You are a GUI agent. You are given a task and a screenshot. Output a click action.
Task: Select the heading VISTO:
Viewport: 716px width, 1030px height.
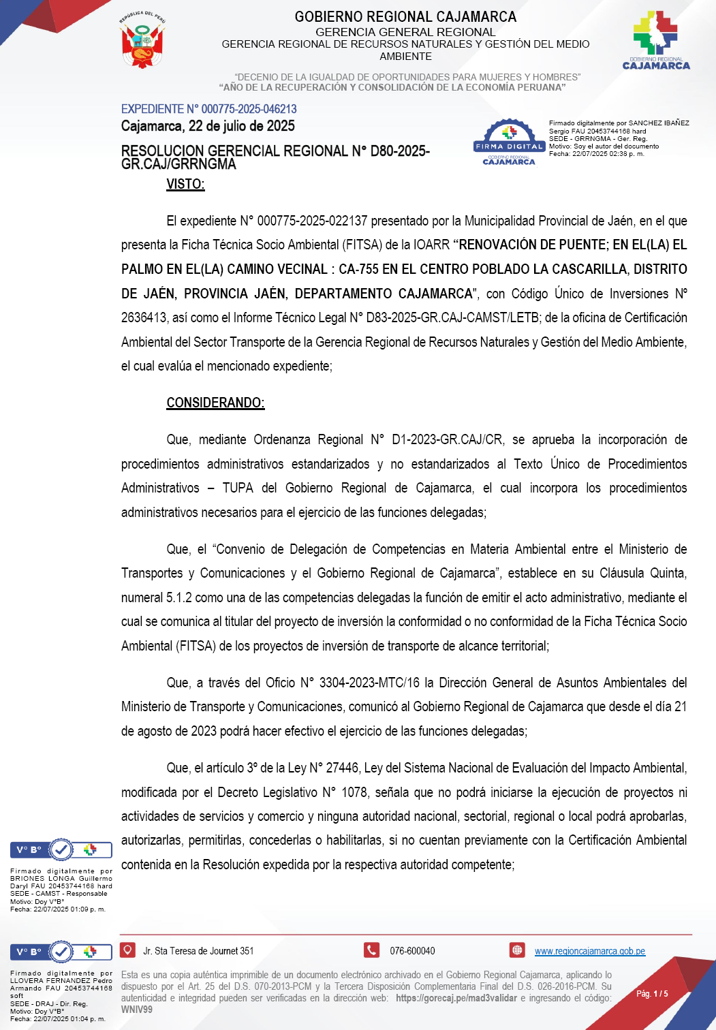pos(185,184)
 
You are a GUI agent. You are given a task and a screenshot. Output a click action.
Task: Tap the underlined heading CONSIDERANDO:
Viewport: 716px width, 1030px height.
pos(215,403)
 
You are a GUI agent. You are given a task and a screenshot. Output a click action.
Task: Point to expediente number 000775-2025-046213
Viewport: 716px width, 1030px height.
pos(249,109)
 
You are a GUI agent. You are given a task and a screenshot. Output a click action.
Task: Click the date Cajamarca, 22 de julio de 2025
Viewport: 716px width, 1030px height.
pos(208,126)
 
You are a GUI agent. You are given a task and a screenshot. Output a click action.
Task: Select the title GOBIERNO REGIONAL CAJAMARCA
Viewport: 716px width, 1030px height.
pos(405,16)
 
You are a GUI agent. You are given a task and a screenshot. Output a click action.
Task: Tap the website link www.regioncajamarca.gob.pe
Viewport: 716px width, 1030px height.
pos(589,951)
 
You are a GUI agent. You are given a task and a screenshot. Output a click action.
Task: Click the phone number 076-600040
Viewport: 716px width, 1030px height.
pos(412,951)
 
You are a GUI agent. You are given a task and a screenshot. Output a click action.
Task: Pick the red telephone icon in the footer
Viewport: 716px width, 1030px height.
pos(371,950)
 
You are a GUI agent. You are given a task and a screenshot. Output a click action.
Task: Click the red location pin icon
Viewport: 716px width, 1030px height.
pos(127,950)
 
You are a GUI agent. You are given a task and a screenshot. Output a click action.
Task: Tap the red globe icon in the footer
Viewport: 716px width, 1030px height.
pos(517,950)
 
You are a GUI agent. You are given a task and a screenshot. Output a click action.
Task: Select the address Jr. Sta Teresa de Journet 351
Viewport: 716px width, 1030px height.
pos(198,951)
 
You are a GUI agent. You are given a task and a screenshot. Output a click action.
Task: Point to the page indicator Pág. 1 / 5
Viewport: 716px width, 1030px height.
pos(652,994)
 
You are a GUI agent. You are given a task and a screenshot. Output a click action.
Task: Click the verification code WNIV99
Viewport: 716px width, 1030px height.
pos(137,1010)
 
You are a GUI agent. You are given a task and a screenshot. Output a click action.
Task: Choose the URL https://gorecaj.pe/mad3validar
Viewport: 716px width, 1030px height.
pos(456,998)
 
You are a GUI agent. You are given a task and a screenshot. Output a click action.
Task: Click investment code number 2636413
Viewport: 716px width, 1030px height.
pos(144,318)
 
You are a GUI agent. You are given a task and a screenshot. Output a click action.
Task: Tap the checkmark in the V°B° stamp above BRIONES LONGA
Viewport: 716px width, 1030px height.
pos(61,849)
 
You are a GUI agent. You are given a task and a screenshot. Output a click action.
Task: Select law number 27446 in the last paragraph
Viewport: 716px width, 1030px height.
pos(342,768)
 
